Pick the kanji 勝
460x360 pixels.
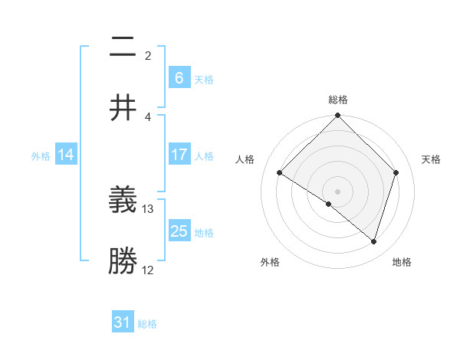[x=123, y=260]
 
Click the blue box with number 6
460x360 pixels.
[x=179, y=77]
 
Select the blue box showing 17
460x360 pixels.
[x=179, y=155]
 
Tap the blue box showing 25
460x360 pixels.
[x=179, y=231]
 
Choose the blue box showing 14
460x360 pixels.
[x=66, y=155]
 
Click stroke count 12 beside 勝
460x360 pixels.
[x=148, y=270]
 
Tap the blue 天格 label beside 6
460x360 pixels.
[x=204, y=79]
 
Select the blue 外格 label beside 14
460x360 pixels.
[x=41, y=155]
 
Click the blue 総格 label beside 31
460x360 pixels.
[x=147, y=324]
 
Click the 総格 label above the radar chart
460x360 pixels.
[x=338, y=100]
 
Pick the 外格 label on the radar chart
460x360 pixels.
[x=270, y=262]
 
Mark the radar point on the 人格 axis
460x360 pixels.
[x=280, y=173]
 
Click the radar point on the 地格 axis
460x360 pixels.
[x=374, y=241]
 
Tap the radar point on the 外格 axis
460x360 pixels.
[x=329, y=204]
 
